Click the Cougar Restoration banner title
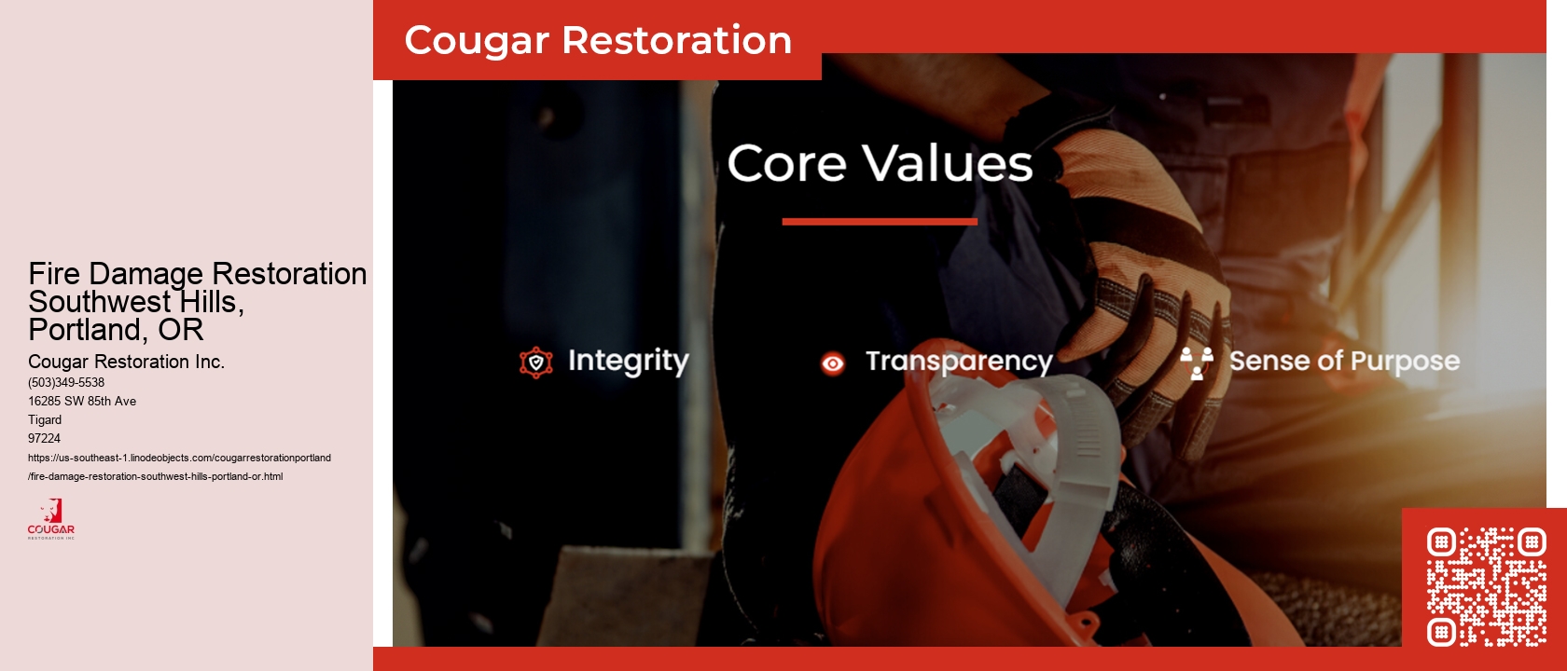tap(598, 40)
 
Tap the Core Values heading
tap(880, 164)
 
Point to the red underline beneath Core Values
tap(880, 222)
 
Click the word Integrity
tap(628, 361)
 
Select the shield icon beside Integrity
tap(536, 363)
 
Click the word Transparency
tap(959, 362)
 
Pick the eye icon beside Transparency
tap(832, 363)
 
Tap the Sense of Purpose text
tap(1344, 361)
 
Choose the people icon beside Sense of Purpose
tap(1196, 363)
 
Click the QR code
tap(1486, 587)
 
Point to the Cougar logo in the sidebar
tap(51, 519)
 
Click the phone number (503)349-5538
tap(66, 382)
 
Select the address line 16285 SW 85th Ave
tap(82, 401)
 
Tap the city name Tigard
tap(45, 419)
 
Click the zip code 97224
tap(44, 438)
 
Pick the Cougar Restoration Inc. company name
tap(126, 362)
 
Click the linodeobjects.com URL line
tap(179, 458)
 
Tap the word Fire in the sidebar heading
tap(54, 274)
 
